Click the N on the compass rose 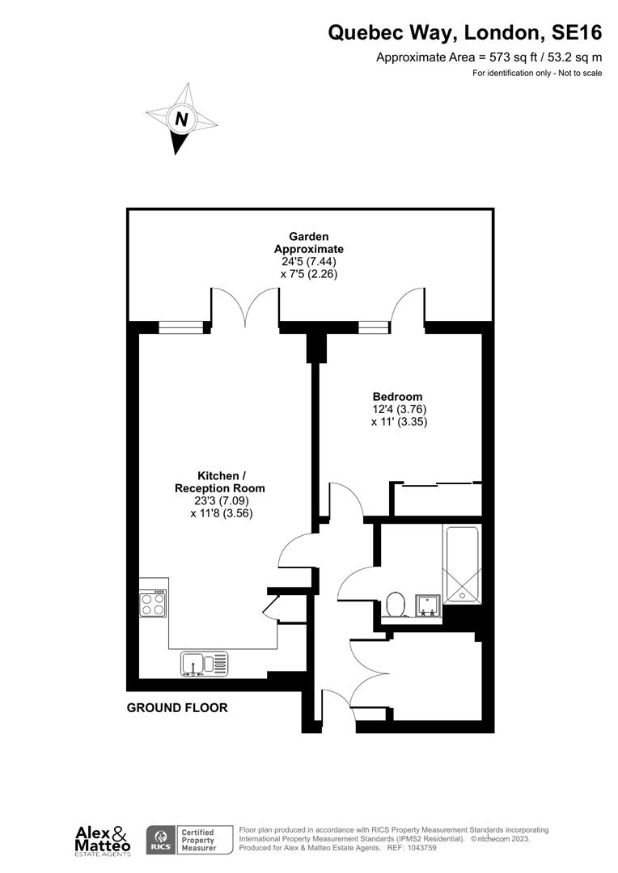pyautogui.click(x=182, y=119)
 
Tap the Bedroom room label pyautogui.click(x=397, y=397)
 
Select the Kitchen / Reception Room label pyautogui.click(x=220, y=482)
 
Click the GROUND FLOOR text pyautogui.click(x=177, y=708)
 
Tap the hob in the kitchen pyautogui.click(x=154, y=603)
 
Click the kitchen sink pyautogui.click(x=205, y=664)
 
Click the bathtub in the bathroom pyautogui.click(x=460, y=564)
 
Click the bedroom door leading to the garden pyautogui.click(x=407, y=310)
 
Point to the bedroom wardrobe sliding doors pyautogui.click(x=437, y=485)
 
